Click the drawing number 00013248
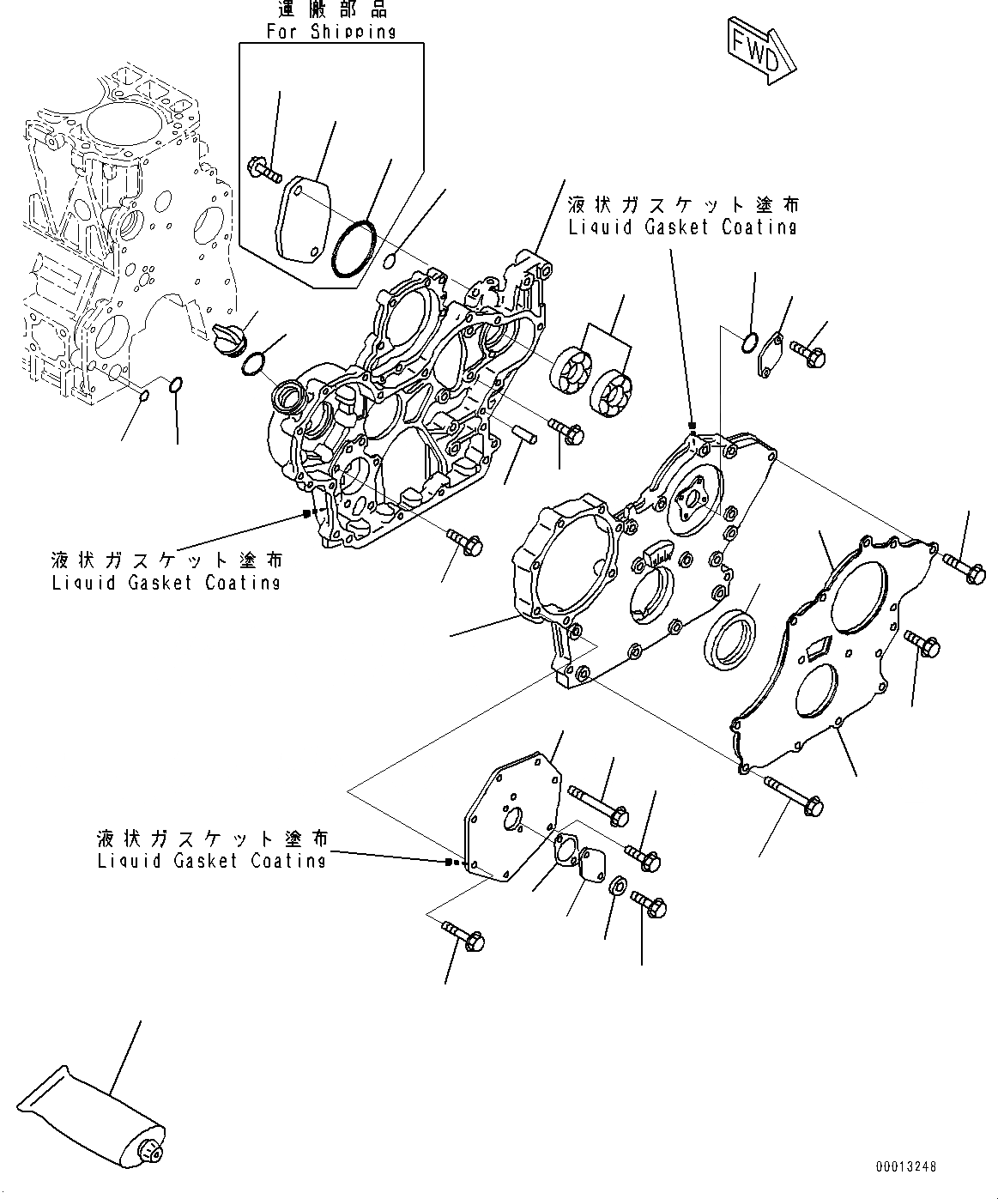point(905,1167)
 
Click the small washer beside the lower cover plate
point(617,886)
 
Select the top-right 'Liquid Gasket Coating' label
point(681,227)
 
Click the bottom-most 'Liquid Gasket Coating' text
point(211,860)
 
